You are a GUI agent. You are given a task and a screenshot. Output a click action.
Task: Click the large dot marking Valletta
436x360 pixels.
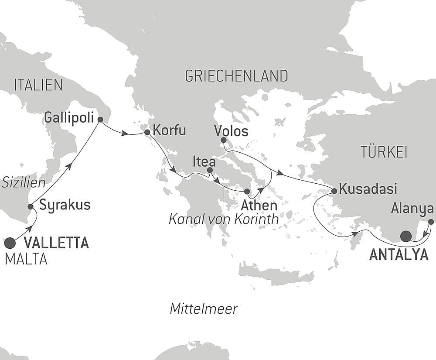[10, 241]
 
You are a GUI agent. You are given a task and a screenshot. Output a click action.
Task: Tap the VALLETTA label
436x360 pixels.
[56, 243]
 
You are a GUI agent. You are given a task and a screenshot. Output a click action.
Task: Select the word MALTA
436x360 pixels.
[26, 260]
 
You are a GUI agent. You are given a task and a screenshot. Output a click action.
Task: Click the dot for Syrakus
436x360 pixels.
[31, 206]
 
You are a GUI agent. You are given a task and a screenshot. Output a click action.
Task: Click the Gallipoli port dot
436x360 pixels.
[100, 119]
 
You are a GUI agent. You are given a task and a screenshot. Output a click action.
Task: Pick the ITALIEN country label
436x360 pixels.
[38, 85]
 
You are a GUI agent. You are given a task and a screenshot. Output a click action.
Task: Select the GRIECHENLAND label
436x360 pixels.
[236, 76]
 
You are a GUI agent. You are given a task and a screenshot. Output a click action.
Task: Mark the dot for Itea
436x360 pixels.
[210, 170]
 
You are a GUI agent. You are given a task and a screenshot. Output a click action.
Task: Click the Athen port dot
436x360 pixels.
[247, 192]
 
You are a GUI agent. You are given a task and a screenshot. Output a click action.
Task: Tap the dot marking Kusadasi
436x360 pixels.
[334, 191]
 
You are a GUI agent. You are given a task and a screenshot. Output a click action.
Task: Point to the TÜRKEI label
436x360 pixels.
[384, 152]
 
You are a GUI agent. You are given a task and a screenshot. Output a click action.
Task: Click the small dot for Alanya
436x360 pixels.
[431, 222]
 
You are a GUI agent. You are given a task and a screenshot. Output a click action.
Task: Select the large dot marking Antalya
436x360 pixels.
[406, 237]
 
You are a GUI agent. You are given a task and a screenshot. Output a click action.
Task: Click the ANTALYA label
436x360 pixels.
[399, 255]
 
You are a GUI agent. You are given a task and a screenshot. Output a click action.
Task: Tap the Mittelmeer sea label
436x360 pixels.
[204, 309]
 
